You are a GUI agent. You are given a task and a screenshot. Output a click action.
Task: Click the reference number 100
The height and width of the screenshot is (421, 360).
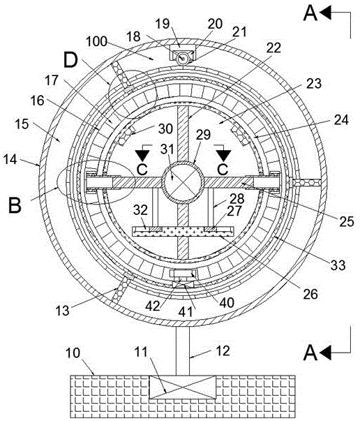96,42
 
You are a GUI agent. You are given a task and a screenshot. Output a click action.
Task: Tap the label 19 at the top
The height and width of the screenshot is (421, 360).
163,24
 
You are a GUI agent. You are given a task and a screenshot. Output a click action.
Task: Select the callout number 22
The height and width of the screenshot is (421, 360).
273,48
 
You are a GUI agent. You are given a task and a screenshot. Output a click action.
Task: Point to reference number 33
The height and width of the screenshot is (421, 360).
338,265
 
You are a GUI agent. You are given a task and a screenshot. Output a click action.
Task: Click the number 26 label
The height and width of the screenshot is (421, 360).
310,294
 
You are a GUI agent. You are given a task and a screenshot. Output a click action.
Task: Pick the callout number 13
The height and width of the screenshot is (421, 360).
62,311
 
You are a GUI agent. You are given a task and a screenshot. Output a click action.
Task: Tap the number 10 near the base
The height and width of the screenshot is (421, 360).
73,353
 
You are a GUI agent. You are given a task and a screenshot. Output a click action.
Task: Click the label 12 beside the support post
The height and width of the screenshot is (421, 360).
223,350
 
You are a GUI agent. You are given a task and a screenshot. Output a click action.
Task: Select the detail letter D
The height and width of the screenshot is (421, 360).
70,61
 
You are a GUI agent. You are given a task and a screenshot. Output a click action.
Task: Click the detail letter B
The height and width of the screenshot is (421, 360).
15,205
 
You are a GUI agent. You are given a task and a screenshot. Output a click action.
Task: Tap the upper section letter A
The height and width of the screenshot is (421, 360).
310,14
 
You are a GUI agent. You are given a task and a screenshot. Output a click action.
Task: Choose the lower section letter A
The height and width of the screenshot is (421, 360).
310,353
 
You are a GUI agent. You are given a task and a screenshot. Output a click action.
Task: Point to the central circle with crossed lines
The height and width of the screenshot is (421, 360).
182,182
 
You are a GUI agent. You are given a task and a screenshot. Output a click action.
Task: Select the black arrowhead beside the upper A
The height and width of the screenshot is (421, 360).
325,13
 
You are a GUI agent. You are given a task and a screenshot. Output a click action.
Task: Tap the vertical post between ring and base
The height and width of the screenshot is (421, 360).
183,350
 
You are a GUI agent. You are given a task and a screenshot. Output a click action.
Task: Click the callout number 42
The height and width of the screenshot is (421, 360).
153,306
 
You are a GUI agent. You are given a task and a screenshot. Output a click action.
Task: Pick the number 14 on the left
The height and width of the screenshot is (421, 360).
10,160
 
